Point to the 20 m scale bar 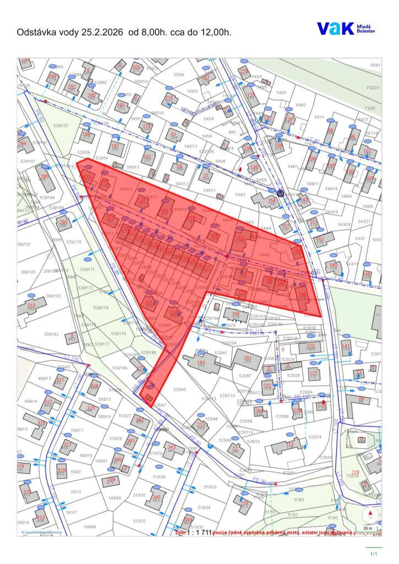[x=367, y=528]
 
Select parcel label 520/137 [x=61, y=126]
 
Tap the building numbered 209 [x=236, y=316]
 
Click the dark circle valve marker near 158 [x=280, y=193]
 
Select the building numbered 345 [x=156, y=499]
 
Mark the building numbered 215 [x=168, y=99]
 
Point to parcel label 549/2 [x=300, y=105]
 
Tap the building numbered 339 [x=111, y=480]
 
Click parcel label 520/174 [x=101, y=308]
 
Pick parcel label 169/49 [x=89, y=527]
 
